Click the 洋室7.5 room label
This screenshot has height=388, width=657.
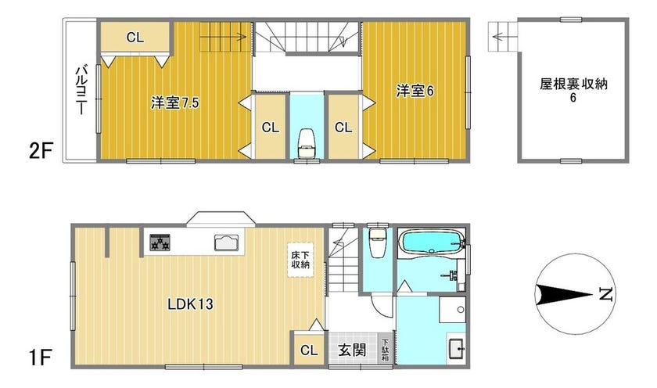175,102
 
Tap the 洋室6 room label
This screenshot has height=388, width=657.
415,91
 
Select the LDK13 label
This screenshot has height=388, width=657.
190,304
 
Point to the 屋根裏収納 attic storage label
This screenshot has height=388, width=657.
573,84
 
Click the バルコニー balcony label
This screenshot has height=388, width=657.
81,90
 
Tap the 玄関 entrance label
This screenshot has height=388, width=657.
352,350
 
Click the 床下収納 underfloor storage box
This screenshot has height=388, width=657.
300,260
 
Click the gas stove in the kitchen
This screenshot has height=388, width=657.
160,242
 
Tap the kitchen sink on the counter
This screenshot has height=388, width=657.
226,242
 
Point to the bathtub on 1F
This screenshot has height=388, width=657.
432,242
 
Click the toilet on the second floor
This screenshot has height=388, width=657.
307,144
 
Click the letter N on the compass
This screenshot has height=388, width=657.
605,294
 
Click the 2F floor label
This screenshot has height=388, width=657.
40,151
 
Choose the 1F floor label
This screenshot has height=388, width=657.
39,357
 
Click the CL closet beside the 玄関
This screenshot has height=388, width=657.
309,350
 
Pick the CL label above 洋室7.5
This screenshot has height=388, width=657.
135,38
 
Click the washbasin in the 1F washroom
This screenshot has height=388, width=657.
456,348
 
